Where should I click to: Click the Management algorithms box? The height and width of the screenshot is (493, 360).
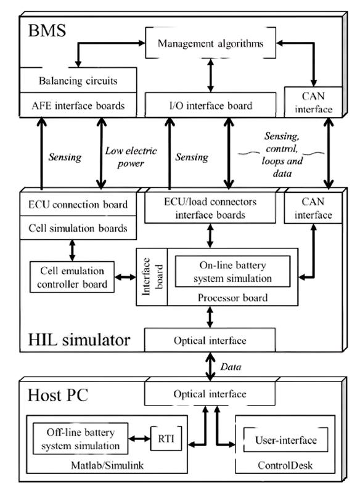(210, 43)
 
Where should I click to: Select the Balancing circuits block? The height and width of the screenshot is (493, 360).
(78, 80)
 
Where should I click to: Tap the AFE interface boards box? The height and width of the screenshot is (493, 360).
(78, 105)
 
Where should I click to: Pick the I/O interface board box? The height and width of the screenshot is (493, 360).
(210, 105)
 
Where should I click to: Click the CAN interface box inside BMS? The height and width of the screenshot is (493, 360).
(313, 102)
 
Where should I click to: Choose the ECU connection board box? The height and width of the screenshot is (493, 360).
(78, 204)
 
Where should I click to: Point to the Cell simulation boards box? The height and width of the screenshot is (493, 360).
(78, 227)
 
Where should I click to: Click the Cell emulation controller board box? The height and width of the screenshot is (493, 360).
(72, 277)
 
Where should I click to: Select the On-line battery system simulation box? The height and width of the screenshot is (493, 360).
(232, 271)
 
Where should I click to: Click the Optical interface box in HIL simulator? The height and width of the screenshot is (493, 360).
(210, 340)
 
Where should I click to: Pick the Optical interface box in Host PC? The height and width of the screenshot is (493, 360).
(210, 393)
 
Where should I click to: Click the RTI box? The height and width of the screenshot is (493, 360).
(166, 438)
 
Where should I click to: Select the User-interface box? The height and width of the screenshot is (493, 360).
(285, 439)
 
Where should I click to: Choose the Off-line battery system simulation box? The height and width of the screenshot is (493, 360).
(81, 439)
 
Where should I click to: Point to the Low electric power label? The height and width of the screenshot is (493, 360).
(131, 157)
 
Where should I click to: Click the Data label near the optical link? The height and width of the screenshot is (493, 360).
(231, 367)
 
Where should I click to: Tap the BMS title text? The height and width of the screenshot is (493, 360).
(47, 30)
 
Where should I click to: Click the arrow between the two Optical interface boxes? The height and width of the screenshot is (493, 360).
(210, 367)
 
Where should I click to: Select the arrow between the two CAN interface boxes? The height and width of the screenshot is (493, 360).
(329, 153)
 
